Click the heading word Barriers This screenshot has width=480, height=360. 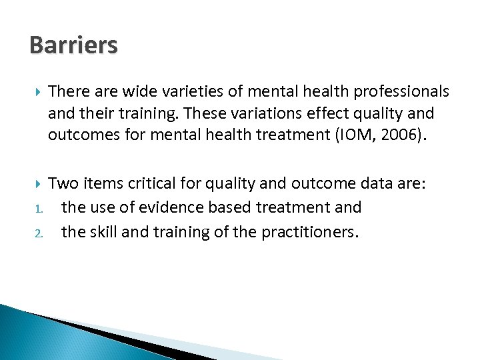(73, 45)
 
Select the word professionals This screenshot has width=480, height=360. (397, 90)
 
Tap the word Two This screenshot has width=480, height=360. (63, 184)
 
